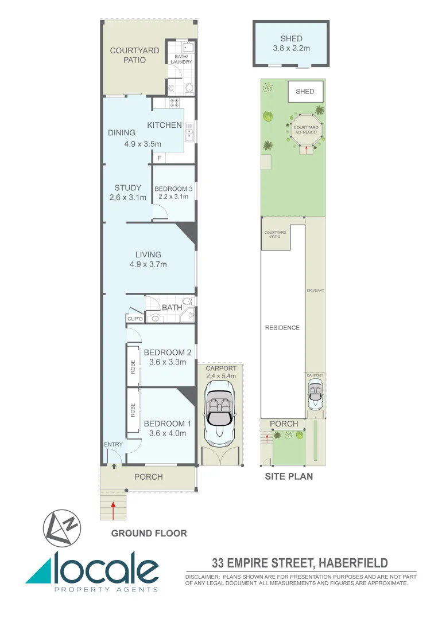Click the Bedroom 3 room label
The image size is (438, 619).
click(x=173, y=189)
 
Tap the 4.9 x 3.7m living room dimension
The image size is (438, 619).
click(x=148, y=264)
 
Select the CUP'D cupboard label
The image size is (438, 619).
click(x=135, y=318)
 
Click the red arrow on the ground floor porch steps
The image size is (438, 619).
click(x=114, y=508)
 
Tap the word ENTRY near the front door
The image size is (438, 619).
click(x=113, y=444)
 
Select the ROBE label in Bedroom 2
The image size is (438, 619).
click(x=133, y=365)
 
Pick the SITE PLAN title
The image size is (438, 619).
click(x=288, y=476)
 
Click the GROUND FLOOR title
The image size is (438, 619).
click(x=149, y=533)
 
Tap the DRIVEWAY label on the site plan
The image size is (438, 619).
click(x=315, y=291)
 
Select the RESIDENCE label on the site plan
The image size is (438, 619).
click(x=282, y=328)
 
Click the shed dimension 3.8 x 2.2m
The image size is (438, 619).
click(x=291, y=48)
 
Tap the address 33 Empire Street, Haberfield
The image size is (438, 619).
click(x=300, y=563)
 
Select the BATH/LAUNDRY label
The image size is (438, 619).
click(x=181, y=59)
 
